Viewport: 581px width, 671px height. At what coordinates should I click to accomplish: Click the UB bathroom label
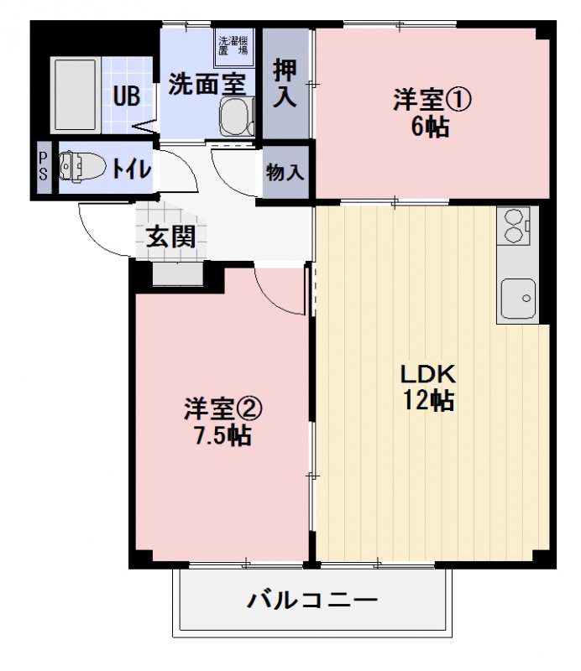[x=127, y=95]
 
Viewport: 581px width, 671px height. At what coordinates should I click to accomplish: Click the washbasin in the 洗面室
[x=236, y=115]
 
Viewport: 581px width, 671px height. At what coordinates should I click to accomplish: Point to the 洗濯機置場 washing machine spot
[x=233, y=44]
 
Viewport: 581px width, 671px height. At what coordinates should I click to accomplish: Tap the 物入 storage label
[x=285, y=173]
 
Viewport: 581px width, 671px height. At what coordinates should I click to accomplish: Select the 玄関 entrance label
[x=171, y=237]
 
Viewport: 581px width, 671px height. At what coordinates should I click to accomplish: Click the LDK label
[x=426, y=372]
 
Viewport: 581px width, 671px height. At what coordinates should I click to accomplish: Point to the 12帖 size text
[x=427, y=401]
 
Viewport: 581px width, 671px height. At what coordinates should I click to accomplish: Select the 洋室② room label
[x=223, y=408]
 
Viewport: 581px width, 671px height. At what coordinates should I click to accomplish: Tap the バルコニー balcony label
[x=312, y=601]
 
